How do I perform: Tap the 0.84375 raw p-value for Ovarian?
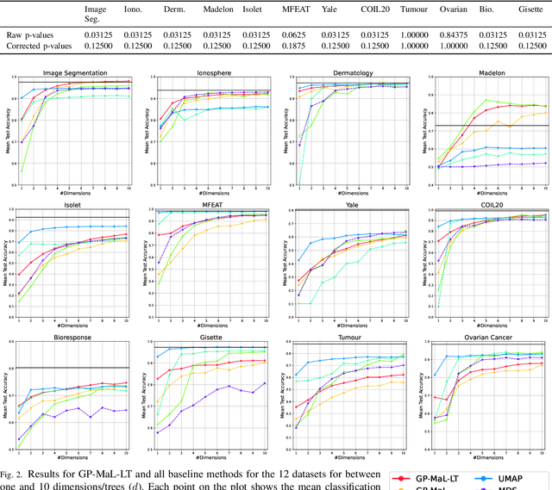click(455, 35)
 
